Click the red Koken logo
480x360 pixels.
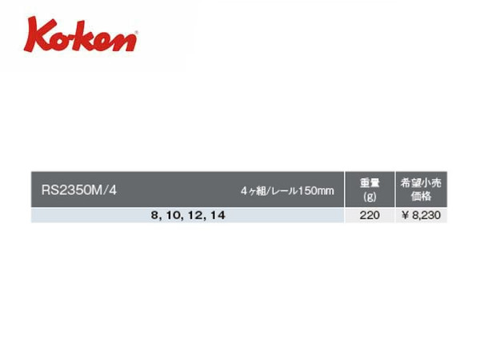[81, 34]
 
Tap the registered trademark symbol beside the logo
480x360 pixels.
[136, 32]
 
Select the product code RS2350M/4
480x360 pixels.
[79, 190]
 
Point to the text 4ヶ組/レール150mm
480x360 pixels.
[287, 191]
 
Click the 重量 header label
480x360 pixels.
[370, 182]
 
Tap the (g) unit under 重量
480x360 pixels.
[370, 197]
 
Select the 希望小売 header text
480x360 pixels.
[421, 182]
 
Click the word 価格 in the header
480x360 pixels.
[422, 196]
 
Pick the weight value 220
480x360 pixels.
[370, 215]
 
